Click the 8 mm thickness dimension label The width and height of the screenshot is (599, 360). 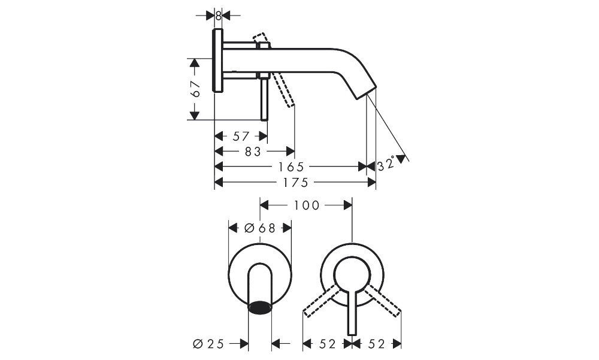point(218,16)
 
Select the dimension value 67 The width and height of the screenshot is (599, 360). point(195,89)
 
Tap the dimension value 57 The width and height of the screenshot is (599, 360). point(241,136)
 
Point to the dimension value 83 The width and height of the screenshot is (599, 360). point(253,152)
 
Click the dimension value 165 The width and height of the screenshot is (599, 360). point(291,167)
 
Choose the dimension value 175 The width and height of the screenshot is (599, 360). point(295,183)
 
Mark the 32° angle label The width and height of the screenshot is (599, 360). point(386,165)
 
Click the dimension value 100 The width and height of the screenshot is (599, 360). point(306,205)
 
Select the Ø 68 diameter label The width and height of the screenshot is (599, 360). point(259,228)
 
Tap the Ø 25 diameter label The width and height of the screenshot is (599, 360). point(208,344)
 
